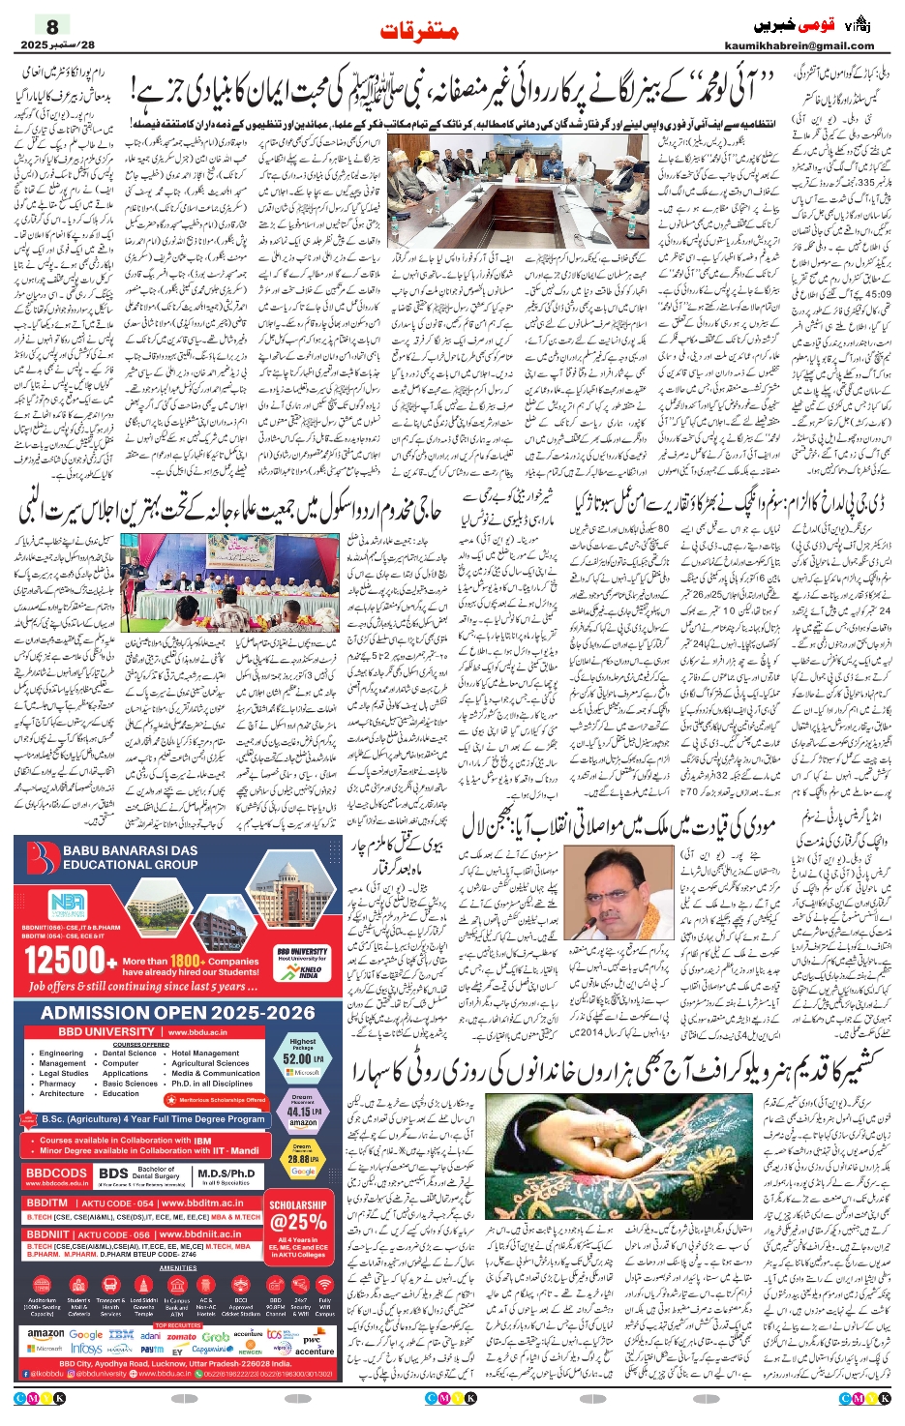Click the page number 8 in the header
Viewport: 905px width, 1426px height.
pyautogui.click(x=52, y=26)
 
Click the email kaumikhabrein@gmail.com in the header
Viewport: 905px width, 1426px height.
pyautogui.click(x=799, y=45)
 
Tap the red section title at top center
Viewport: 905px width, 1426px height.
pyautogui.click(x=419, y=30)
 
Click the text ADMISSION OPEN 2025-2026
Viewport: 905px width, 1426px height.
pyautogui.click(x=178, y=1013)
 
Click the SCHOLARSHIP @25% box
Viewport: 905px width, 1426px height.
pyautogui.click(x=297, y=1218)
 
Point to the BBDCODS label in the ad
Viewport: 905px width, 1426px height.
pyautogui.click(x=56, y=1173)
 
